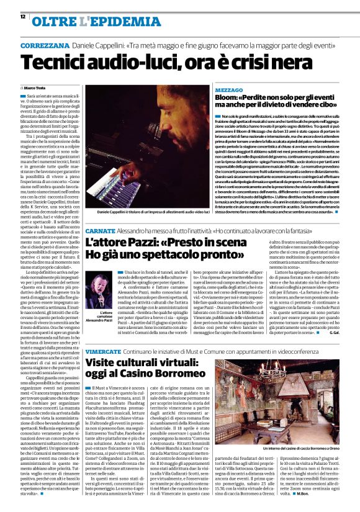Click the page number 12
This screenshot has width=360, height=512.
pos(23,17)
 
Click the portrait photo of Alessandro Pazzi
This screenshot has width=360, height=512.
pos(100,287)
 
